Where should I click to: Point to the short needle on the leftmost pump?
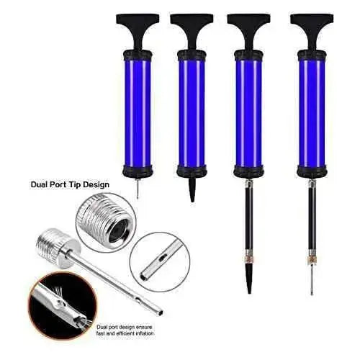click(138, 189)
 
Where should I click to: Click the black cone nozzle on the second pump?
click(192, 189)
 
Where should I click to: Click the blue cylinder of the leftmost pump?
click(138, 113)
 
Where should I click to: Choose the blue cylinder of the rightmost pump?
click(312, 113)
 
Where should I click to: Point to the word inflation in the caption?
click(143, 333)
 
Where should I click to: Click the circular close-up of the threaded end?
click(107, 222)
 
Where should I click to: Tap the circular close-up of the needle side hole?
click(160, 262)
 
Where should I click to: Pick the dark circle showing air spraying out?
click(63, 306)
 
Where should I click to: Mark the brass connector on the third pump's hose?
click(249, 256)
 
